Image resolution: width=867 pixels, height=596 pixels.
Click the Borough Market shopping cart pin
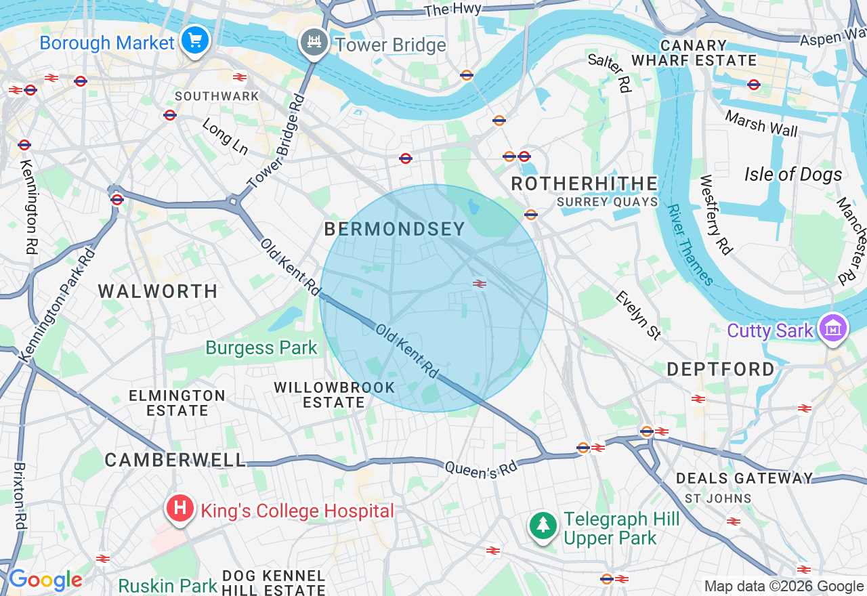click(x=196, y=41)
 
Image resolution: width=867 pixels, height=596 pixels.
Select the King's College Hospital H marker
click(x=180, y=509)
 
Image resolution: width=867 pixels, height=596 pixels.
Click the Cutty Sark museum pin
click(x=833, y=329)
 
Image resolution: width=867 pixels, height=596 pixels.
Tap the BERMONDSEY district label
click(x=394, y=229)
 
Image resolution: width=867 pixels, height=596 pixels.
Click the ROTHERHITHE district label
click(x=584, y=184)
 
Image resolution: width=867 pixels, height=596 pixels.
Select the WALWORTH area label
click(x=158, y=291)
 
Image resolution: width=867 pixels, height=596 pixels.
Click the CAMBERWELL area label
click(x=175, y=460)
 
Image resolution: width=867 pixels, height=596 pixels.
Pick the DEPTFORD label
click(x=721, y=369)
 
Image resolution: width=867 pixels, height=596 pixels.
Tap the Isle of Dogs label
click(x=793, y=175)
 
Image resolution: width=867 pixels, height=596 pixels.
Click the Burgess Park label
click(x=261, y=348)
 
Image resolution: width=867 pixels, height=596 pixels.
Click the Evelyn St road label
click(x=638, y=315)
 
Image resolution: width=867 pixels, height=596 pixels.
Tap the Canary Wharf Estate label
click(x=694, y=53)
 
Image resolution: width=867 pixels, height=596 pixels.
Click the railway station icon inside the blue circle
click(x=480, y=284)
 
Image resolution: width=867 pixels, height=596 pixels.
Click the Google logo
click(x=45, y=580)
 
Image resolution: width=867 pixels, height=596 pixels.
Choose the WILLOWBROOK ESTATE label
click(x=335, y=395)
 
